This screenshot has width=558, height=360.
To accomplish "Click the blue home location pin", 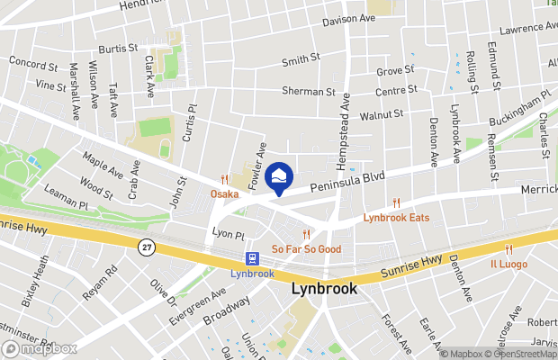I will pyautogui.click(x=279, y=176).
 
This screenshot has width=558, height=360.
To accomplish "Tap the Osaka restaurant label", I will pyautogui.click(x=225, y=193).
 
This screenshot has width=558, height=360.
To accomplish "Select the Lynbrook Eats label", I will pyautogui.click(x=396, y=218).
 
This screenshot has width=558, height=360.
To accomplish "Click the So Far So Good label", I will pyautogui.click(x=307, y=248).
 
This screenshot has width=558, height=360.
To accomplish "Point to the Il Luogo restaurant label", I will pyautogui.click(x=508, y=264).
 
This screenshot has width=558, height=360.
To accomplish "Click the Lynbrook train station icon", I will pyautogui.click(x=253, y=258).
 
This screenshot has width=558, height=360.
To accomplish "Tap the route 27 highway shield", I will pyautogui.click(x=146, y=246).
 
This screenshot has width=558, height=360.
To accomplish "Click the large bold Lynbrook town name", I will pyautogui.click(x=324, y=290).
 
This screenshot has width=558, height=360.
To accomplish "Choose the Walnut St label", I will pyautogui.click(x=382, y=115).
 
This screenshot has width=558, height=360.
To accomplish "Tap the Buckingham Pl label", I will pyautogui.click(x=519, y=109).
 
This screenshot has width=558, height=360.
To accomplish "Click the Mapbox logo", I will pyautogui.click(x=40, y=348).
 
